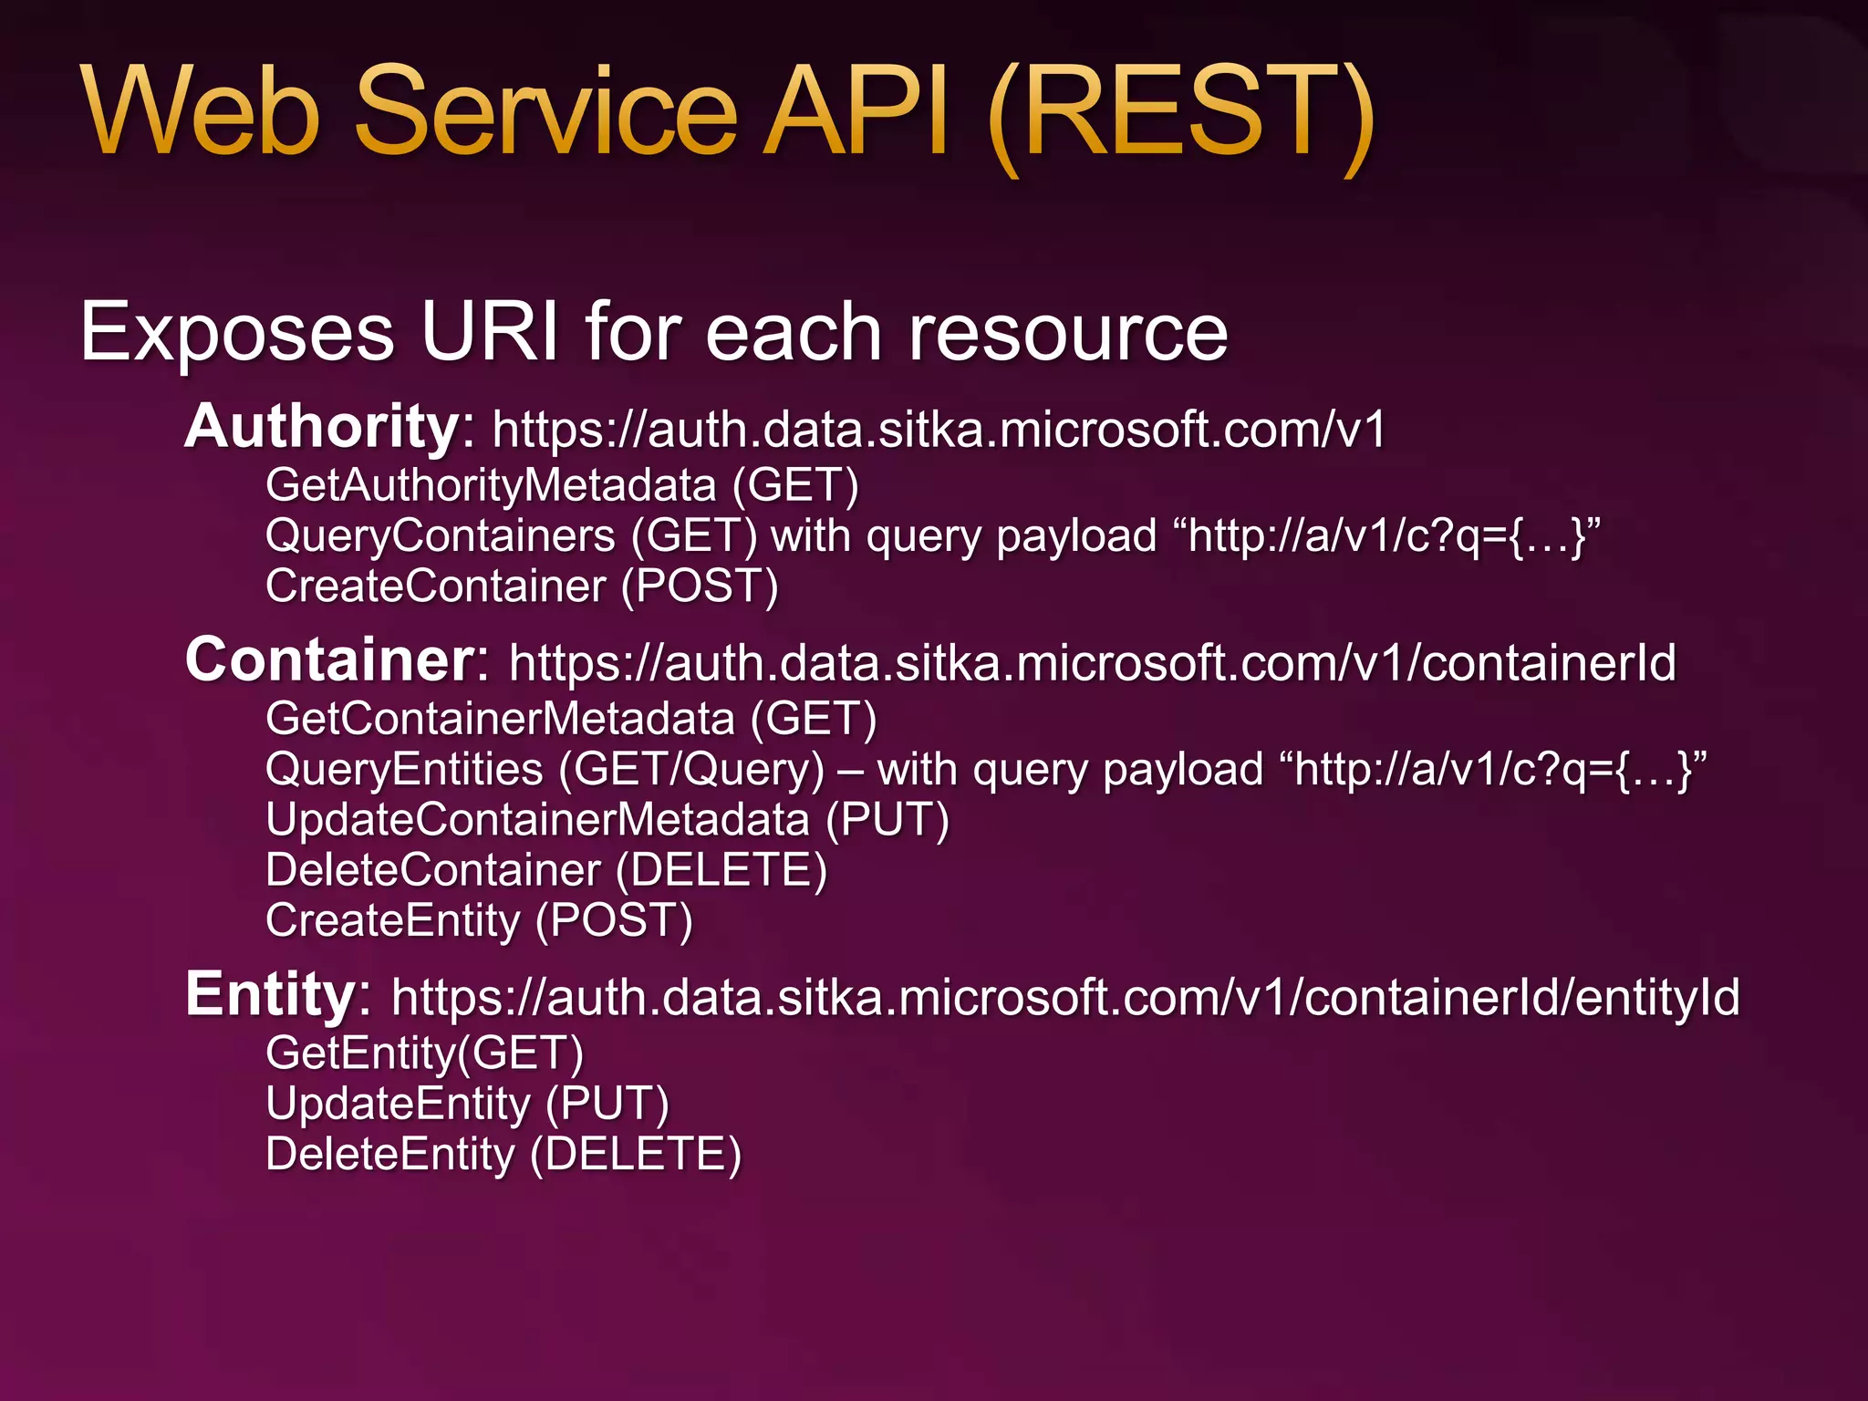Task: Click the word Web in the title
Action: (201, 111)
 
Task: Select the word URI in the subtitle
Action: (489, 332)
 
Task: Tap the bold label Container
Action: (329, 660)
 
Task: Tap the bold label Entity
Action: (270, 994)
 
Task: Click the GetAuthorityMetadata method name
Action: (491, 484)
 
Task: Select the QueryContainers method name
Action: (441, 535)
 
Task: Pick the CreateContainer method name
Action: (435, 586)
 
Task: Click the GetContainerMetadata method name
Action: (500, 719)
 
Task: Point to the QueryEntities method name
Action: (404, 769)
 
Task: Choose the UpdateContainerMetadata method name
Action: (537, 819)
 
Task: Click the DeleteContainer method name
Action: (432, 869)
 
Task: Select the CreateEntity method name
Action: (392, 920)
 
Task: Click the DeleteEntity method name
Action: (390, 1155)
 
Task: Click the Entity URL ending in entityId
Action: (1065, 997)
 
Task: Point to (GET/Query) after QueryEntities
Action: (690, 769)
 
